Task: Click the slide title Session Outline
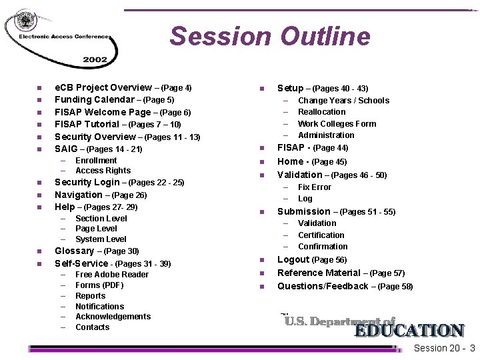click(269, 36)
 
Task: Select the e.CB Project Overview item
click(123, 88)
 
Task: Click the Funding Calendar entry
click(114, 100)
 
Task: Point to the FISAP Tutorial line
click(117, 125)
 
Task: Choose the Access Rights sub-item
click(103, 171)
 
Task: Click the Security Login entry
click(119, 183)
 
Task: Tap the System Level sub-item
click(101, 239)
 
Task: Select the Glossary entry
click(97, 251)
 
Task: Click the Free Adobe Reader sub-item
click(111, 275)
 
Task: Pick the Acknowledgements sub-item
click(113, 317)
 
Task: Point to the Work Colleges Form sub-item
click(337, 124)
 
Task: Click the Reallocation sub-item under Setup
click(321, 112)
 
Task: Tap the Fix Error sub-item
click(314, 187)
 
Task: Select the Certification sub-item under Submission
click(321, 235)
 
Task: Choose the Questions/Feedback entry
click(345, 287)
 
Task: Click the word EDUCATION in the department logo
click(409, 331)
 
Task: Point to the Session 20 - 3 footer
click(444, 349)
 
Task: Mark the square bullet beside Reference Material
click(262, 273)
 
